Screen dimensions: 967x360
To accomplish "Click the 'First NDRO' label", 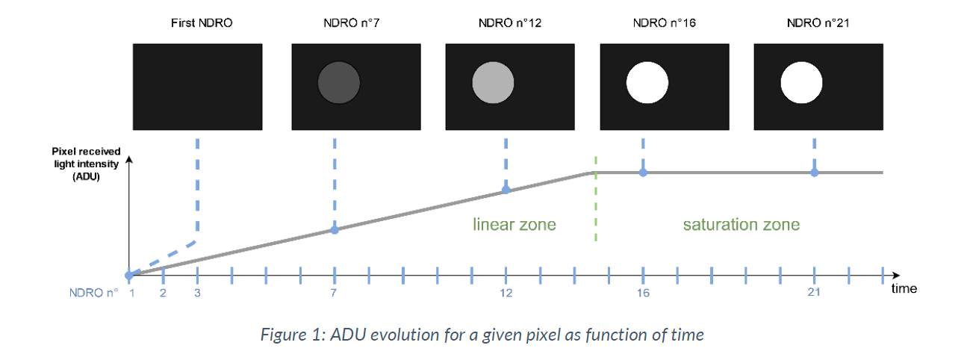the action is coord(202,23).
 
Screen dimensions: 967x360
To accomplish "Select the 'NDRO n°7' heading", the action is coord(352,23).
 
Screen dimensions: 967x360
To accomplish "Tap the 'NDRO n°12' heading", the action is coord(510,23).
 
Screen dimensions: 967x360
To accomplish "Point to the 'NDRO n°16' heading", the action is coord(665,23).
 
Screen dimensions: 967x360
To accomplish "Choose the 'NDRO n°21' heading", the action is coord(818,23).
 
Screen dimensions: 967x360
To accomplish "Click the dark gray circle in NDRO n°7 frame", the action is coord(339,82).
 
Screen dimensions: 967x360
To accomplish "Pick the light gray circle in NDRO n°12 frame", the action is coord(493,82).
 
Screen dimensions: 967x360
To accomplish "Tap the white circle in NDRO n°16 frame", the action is coord(647,82).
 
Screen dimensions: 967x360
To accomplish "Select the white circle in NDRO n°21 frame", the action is coord(801,82).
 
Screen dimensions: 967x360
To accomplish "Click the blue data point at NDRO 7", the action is coord(335,230).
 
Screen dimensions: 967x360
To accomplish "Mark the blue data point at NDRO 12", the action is coord(506,190).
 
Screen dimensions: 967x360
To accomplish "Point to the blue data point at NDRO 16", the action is coord(643,173).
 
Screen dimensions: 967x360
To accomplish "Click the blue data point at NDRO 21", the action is coord(814,173).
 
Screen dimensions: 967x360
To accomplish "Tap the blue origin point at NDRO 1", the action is coord(128,276).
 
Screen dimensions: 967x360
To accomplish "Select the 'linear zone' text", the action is coord(514,225).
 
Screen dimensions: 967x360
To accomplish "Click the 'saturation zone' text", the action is coord(741,225).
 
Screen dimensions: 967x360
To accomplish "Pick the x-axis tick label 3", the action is coord(197,293).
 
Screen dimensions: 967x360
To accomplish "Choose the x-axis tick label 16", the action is coord(643,293).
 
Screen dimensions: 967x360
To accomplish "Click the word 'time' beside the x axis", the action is coord(904,288).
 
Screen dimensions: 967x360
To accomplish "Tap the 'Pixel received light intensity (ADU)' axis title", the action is coord(86,164).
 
